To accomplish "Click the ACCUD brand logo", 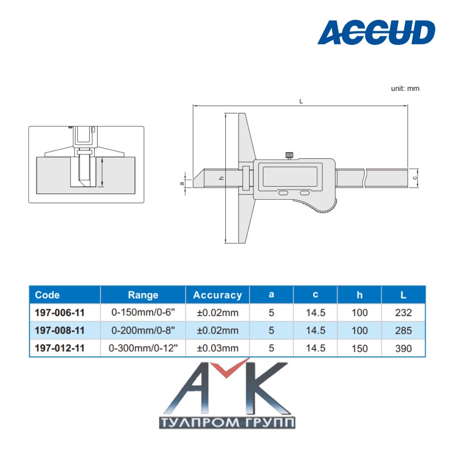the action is pos(376,32).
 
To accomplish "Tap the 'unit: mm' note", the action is pos(405,89).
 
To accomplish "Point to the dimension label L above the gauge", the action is pos(301,102).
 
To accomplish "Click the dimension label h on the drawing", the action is pos(222,178).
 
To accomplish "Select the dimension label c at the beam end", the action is pos(415,178).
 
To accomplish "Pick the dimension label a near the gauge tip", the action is pos(182,183).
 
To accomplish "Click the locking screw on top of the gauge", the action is pos(289,155).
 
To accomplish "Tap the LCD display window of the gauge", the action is pos(290,175).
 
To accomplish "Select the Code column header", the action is pos(47,295).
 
